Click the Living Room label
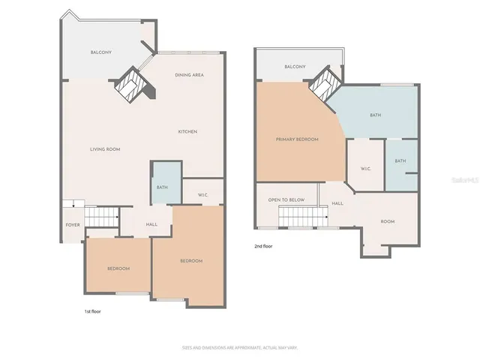(x=105, y=149)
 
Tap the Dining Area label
(x=189, y=75)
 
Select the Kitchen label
(x=187, y=132)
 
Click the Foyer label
(x=72, y=224)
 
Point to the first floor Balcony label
(x=101, y=52)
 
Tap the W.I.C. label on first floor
(x=202, y=196)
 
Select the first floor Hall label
(x=151, y=224)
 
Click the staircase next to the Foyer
(x=102, y=217)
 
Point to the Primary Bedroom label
(x=297, y=139)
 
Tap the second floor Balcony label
(x=295, y=67)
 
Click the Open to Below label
(x=286, y=200)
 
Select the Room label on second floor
(x=387, y=221)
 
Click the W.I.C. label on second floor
(x=366, y=169)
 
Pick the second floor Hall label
(x=337, y=203)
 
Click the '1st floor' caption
(x=92, y=310)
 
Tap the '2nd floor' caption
(x=263, y=245)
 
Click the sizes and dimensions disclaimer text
(x=240, y=347)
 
